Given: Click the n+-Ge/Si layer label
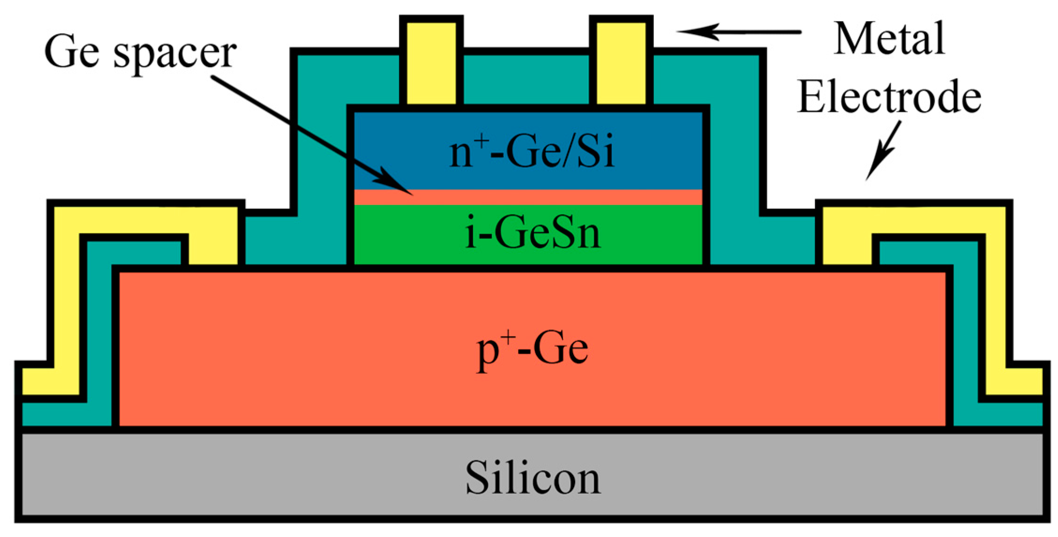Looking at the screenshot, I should (x=531, y=152).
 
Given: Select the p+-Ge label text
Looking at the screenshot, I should (x=532, y=349).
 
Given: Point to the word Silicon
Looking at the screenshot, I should (x=533, y=478).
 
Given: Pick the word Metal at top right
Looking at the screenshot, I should (x=889, y=39).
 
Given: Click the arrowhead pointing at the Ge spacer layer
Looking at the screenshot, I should (x=398, y=185).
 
